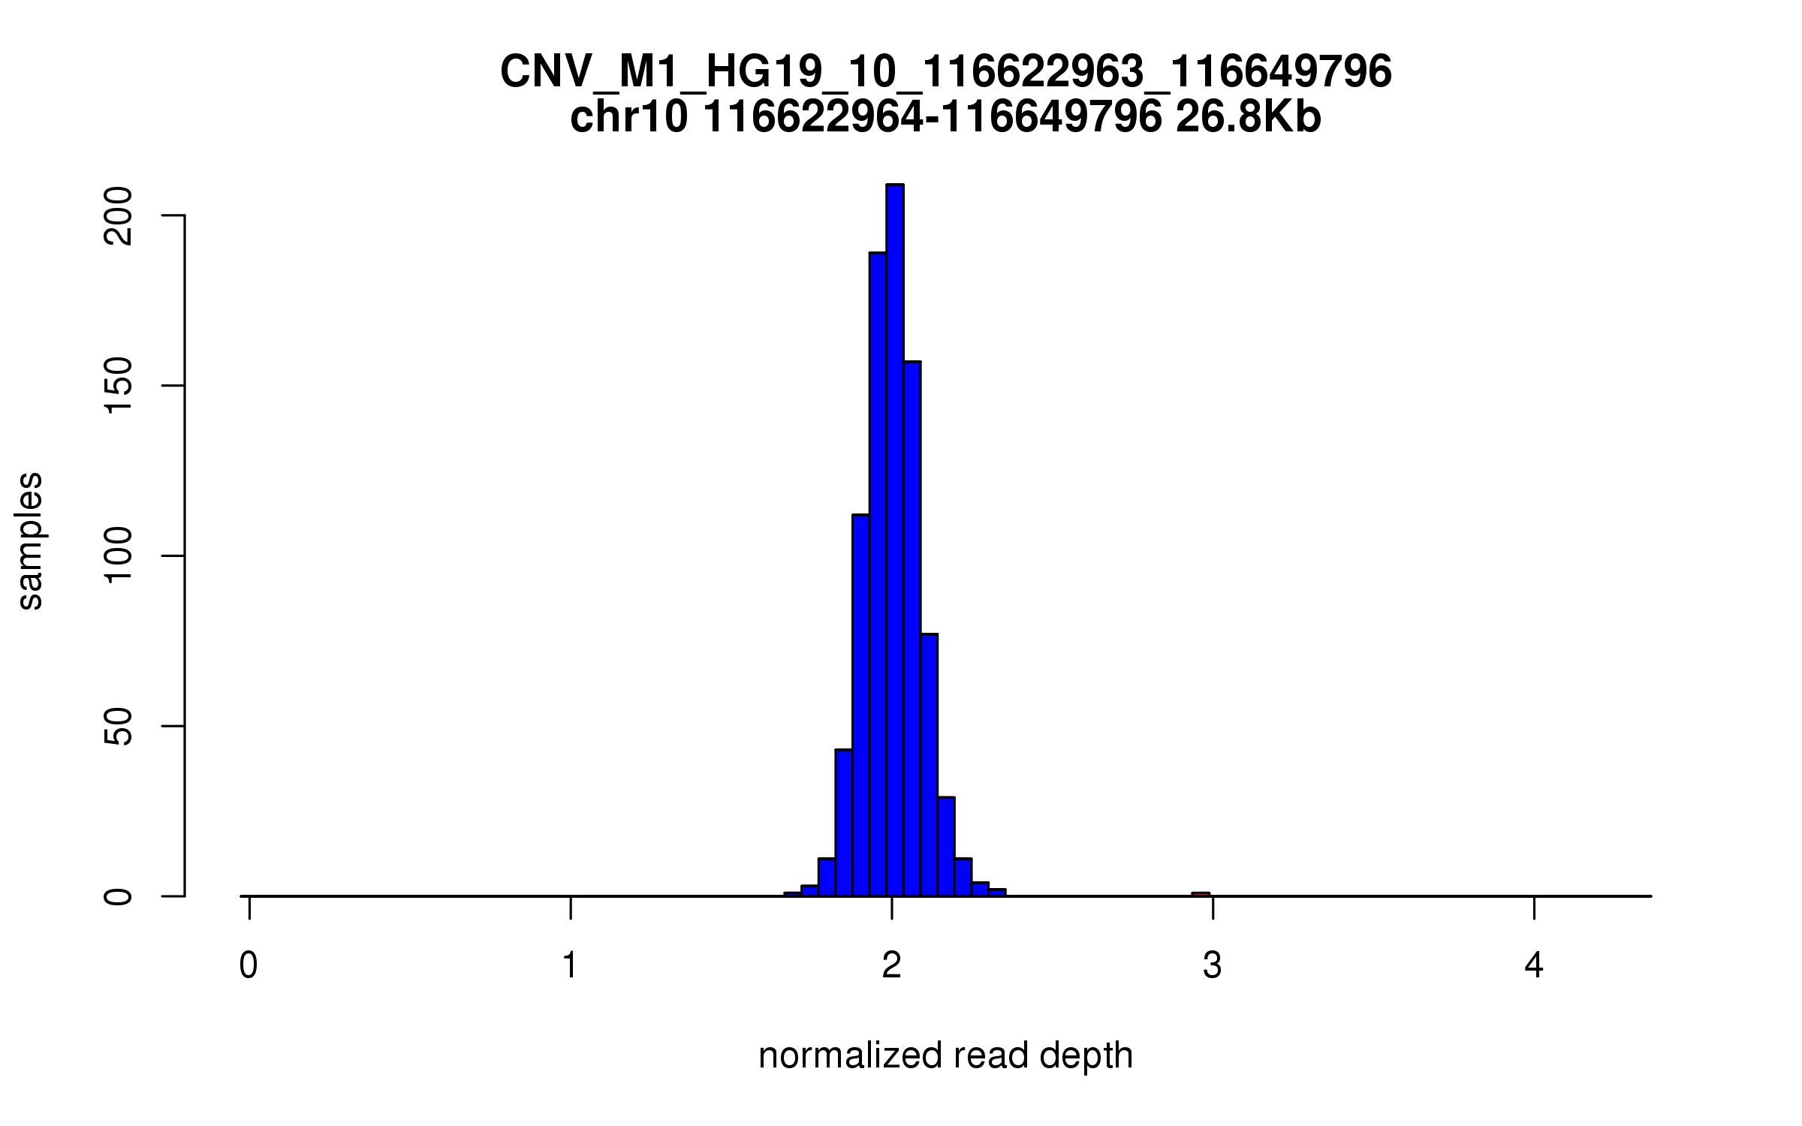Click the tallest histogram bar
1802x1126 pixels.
pyautogui.click(x=894, y=540)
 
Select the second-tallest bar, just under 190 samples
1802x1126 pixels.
pyautogui.click(x=878, y=574)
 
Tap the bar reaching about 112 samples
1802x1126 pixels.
pyautogui.click(x=860, y=706)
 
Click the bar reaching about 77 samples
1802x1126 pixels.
pyautogui.click(x=929, y=766)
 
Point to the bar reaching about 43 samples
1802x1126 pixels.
pyautogui.click(x=843, y=823)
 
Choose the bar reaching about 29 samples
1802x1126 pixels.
pyautogui.click(x=946, y=847)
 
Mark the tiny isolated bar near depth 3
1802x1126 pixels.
pyautogui.click(x=1201, y=894)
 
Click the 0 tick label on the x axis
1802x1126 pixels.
pyautogui.click(x=249, y=965)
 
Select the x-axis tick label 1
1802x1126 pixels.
pyautogui.click(x=571, y=965)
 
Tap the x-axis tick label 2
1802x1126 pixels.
pyautogui.click(x=892, y=965)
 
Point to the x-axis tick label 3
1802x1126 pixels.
pyautogui.click(x=1213, y=965)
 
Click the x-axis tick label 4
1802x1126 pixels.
pyautogui.click(x=1534, y=965)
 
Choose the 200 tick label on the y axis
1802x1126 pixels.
pyautogui.click(x=119, y=216)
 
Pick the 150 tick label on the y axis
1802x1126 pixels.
pyautogui.click(x=119, y=386)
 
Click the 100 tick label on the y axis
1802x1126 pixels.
pyautogui.click(x=119, y=555)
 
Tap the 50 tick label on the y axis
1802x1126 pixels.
pyautogui.click(x=119, y=726)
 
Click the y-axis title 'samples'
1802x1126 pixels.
pyautogui.click(x=30, y=540)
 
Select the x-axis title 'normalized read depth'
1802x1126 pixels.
pyautogui.click(x=945, y=1055)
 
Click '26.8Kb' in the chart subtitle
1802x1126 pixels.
pyautogui.click(x=1248, y=118)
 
